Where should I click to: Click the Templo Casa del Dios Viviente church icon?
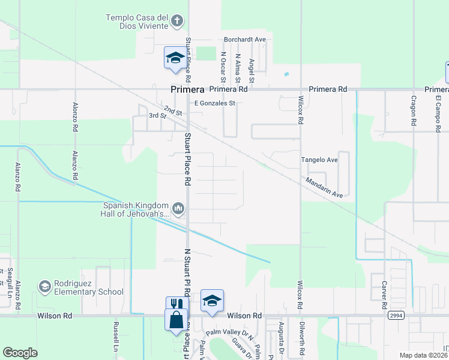[176, 22]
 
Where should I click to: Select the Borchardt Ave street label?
[244, 40]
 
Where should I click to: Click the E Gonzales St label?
[214, 103]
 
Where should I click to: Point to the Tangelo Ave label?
[319, 160]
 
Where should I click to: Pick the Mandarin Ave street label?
[323, 187]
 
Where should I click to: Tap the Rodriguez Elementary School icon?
[45, 287]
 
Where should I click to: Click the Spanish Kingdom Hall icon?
[178, 209]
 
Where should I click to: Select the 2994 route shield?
[395, 314]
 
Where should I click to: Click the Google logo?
[20, 353]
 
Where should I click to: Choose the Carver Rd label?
[384, 289]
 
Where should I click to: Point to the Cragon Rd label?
[414, 111]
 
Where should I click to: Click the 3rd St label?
[157, 115]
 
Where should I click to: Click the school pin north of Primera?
[175, 59]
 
